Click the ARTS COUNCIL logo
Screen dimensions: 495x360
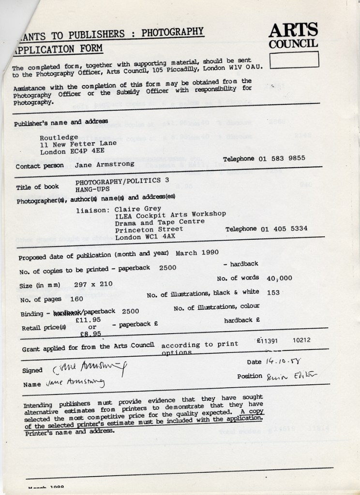coord(294,36)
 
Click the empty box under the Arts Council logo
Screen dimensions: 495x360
coord(294,59)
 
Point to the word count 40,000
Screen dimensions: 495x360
coord(280,278)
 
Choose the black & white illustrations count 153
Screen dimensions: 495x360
coord(273,291)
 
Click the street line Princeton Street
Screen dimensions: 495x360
coord(149,229)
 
